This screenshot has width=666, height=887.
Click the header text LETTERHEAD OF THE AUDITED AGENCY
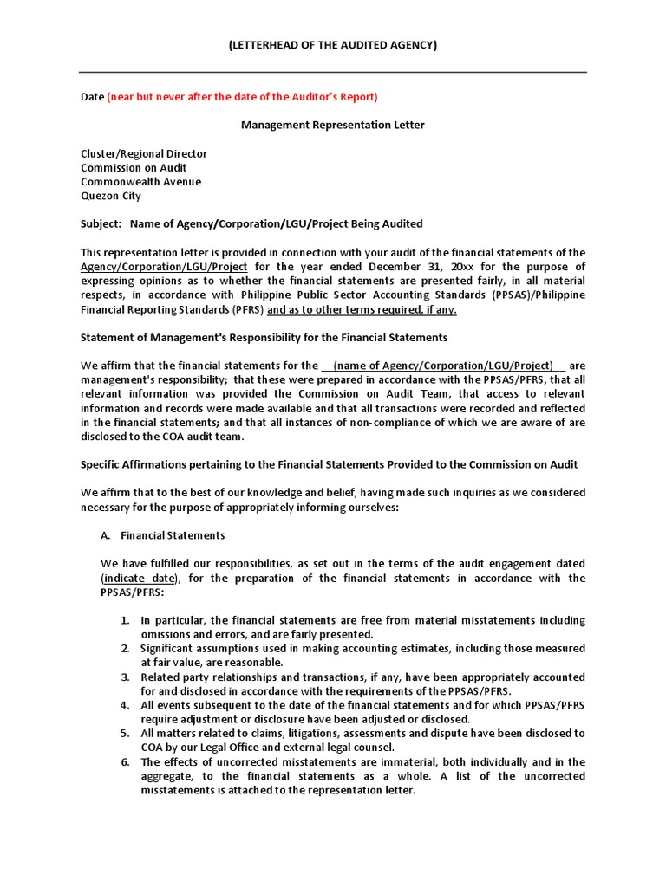333,44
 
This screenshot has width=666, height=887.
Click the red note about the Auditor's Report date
242,96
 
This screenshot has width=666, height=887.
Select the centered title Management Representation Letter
333,125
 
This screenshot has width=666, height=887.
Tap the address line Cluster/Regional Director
144,153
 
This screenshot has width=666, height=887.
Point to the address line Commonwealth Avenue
140,182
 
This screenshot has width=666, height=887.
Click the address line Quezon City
111,196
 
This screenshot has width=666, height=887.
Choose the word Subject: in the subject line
101,223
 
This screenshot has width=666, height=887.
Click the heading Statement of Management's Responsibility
264,337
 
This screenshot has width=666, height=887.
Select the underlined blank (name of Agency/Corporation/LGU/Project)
443,366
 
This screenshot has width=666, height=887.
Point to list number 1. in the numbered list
126,620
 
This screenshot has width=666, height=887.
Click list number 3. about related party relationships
126,677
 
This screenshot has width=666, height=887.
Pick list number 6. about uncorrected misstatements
126,761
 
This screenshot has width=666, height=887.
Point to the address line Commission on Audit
134,167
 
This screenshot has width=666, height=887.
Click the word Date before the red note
92,96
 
